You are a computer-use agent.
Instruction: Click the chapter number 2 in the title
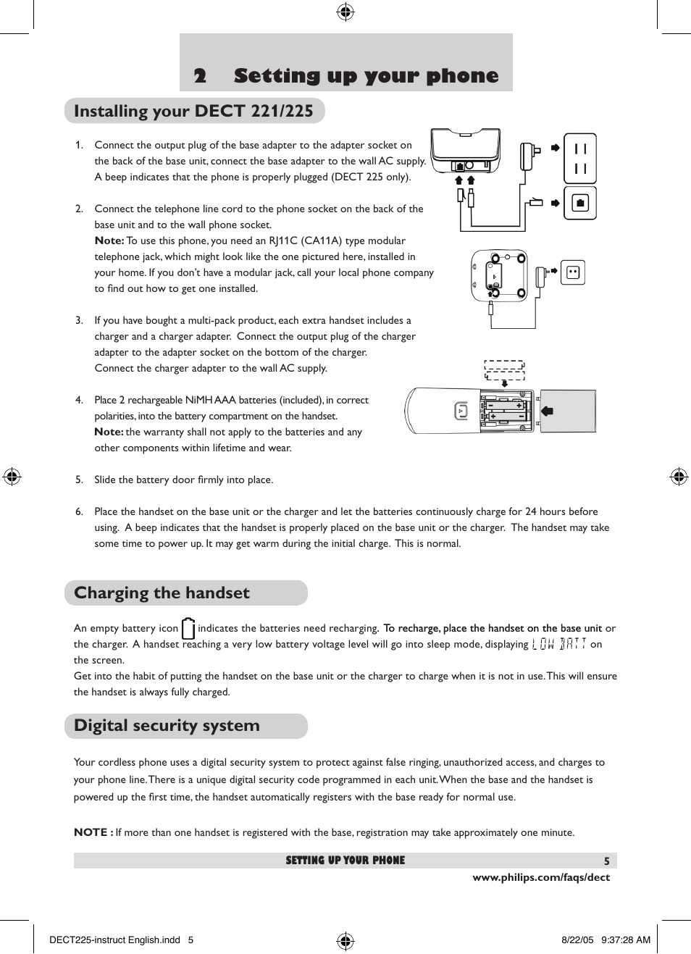point(200,76)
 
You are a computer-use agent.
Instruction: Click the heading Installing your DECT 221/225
point(193,111)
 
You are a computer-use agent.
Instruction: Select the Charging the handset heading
point(162,593)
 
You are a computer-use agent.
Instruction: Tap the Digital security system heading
point(167,725)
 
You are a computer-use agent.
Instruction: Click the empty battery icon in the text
point(188,628)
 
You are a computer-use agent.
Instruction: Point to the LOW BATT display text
point(558,644)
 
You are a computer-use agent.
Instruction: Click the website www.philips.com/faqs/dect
point(541,877)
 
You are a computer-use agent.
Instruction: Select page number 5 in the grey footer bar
point(607,861)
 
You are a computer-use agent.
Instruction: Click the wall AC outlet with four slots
point(580,158)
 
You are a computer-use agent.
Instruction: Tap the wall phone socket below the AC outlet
point(580,204)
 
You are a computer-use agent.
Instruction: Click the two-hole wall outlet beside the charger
point(573,272)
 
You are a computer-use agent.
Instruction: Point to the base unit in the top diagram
point(465,151)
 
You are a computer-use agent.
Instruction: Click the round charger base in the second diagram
point(500,276)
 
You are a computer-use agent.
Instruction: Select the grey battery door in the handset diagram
point(568,411)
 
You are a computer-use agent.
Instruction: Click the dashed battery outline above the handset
point(504,370)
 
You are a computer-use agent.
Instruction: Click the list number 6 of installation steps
point(79,511)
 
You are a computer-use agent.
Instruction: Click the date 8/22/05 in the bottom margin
point(577,940)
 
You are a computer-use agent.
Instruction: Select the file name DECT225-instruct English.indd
point(114,940)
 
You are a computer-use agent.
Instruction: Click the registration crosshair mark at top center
point(345,12)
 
